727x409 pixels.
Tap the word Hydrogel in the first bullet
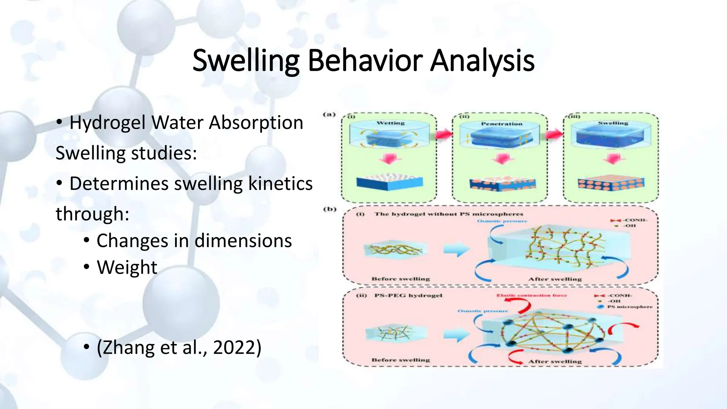[108, 123]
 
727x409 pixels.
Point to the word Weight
[127, 267]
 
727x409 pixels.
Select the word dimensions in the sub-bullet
[243, 241]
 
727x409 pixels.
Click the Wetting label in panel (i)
[390, 123]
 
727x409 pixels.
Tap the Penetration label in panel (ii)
[502, 124]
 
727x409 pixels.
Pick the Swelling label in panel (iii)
[613, 123]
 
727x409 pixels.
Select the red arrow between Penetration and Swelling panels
[555, 134]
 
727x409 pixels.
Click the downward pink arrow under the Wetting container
[390, 159]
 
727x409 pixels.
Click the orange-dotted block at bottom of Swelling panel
[611, 184]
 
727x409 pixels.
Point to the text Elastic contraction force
[531, 295]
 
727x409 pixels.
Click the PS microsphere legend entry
[629, 306]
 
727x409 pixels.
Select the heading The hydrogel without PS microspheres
[448, 214]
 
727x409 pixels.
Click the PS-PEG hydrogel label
[408, 295]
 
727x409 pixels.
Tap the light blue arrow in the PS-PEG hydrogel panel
[457, 334]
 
